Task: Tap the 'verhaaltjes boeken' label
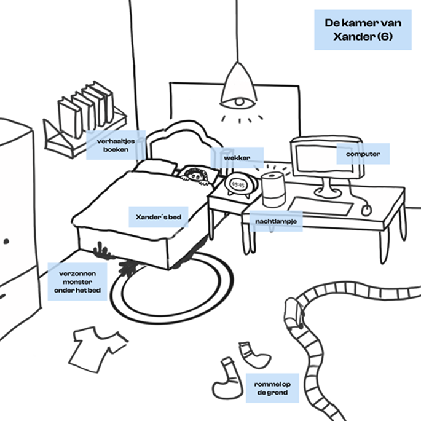click(x=115, y=145)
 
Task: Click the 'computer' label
click(x=363, y=154)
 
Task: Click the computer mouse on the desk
click(x=367, y=210)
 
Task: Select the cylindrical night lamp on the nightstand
click(x=273, y=189)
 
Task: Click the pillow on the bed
click(x=156, y=167)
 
